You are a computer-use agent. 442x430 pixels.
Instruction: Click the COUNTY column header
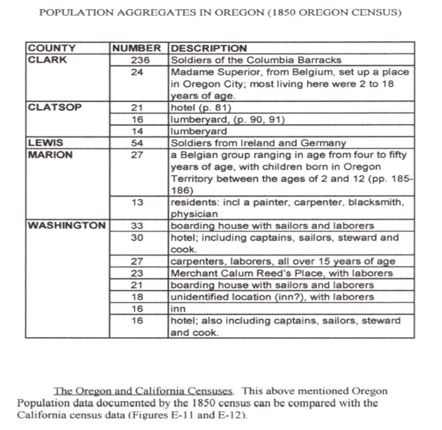click(52, 48)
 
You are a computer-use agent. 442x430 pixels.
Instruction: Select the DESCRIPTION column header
click(209, 48)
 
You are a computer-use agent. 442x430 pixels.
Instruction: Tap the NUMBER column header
click(137, 48)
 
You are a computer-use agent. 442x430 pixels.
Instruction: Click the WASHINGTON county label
click(66, 225)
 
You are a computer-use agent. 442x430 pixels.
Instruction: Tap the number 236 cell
click(138, 60)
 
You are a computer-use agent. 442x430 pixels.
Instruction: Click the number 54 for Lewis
click(138, 143)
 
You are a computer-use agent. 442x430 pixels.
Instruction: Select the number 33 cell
click(138, 226)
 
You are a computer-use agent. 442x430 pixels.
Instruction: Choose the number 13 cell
click(138, 202)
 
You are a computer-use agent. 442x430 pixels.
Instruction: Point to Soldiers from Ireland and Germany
click(258, 143)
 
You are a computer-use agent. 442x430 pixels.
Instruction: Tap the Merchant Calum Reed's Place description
click(282, 273)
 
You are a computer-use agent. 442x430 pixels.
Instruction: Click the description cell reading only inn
click(177, 309)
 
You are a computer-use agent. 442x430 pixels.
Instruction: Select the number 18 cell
click(138, 297)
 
